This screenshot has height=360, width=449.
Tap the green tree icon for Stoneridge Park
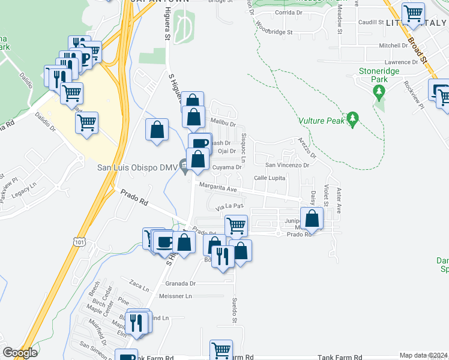[x=378, y=92]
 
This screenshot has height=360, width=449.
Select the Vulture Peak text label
[x=323, y=120]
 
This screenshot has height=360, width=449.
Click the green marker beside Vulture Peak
[x=353, y=119]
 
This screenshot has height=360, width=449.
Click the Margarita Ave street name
[x=219, y=188]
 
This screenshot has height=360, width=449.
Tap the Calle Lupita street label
[x=269, y=178]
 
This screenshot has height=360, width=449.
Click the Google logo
[x=20, y=353]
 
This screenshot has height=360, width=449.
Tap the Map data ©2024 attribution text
[x=423, y=355]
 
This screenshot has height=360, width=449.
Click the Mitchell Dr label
[x=393, y=45]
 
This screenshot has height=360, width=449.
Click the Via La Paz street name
[x=229, y=206]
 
